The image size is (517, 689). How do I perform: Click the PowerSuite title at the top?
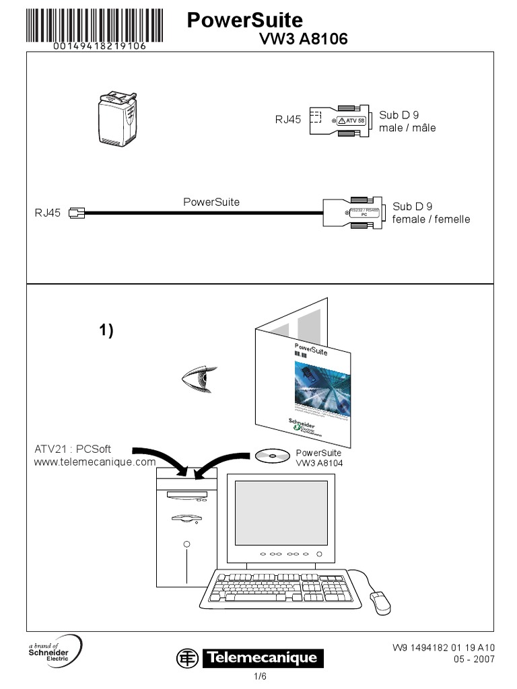[244, 21]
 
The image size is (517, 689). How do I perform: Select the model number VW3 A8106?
[304, 40]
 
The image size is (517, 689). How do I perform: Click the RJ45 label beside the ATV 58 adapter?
[287, 120]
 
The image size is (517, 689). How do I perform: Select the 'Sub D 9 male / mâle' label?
[407, 121]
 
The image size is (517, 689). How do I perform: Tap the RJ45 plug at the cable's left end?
[77, 213]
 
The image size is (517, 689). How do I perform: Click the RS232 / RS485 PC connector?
[353, 213]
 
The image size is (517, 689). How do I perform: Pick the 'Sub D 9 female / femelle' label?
[431, 213]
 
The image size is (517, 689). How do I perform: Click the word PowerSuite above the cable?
[211, 202]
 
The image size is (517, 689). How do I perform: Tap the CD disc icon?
[272, 456]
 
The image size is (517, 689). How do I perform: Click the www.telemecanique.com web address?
[94, 462]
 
